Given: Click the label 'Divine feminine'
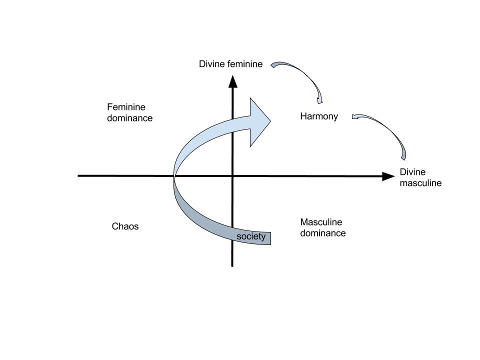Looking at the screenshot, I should [230, 64].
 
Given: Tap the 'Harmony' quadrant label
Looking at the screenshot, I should [319, 116].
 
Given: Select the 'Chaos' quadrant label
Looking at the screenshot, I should [125, 226].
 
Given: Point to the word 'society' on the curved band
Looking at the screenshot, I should [251, 236].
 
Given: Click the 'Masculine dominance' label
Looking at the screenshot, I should [322, 227].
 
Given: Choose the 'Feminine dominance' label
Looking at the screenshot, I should [129, 113].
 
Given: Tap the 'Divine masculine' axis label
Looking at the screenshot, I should [420, 177].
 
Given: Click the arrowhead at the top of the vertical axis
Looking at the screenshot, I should [232, 81].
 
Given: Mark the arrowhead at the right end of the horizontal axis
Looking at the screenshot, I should [388, 176].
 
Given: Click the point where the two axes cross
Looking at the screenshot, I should [232, 176].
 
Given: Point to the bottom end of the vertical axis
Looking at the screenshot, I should [232, 265].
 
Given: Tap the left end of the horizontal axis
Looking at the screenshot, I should [79, 176].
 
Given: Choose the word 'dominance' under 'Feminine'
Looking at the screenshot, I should [129, 118].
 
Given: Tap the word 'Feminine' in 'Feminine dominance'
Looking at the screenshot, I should [126, 107].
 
